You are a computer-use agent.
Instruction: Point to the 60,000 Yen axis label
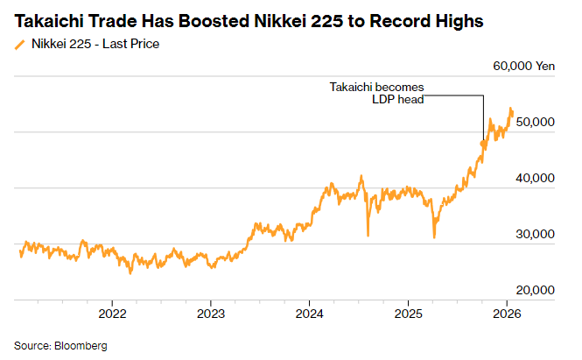[523, 66]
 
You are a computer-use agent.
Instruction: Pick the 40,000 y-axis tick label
[534, 178]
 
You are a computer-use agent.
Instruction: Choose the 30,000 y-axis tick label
[534, 234]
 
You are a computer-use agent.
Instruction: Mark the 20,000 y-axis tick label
[534, 290]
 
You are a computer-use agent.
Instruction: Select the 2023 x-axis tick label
[211, 313]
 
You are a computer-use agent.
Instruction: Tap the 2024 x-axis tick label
[310, 313]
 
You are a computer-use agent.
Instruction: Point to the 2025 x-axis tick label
[409, 313]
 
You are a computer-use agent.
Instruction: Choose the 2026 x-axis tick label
[508, 313]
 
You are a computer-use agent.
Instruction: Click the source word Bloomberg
[81, 346]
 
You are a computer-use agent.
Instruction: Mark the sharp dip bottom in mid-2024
[368, 235]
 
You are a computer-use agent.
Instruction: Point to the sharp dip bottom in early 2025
[434, 236]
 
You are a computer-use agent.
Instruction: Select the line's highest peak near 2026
[511, 109]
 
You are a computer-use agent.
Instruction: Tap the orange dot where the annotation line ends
[483, 144]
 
